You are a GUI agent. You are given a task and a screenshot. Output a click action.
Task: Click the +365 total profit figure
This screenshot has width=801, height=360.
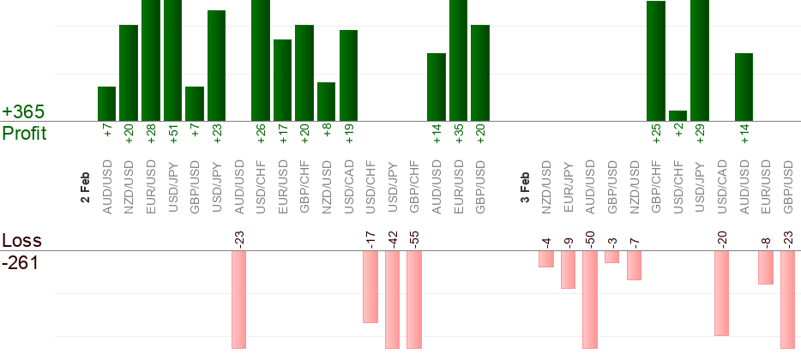23,112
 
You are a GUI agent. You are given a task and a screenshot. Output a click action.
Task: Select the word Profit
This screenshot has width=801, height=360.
24,134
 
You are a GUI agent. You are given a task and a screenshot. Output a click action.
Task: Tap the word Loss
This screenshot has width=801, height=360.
21,241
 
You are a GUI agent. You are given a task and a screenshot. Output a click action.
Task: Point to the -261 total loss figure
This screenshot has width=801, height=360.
20,262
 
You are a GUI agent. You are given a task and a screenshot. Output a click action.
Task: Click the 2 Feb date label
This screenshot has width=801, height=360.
85,188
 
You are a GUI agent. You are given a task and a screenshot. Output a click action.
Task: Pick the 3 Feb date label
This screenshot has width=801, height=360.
525,188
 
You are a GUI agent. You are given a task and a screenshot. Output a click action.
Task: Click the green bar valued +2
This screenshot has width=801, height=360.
678,116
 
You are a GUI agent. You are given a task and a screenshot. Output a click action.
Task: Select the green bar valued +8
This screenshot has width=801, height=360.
327,101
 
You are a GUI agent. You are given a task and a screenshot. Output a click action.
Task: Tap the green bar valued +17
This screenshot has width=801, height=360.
282,80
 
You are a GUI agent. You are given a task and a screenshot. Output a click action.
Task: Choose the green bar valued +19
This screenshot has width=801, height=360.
349,75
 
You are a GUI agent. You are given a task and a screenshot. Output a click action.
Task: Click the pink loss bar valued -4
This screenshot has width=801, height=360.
546,259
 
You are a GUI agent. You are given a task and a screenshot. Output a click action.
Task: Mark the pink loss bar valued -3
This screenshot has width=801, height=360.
611,257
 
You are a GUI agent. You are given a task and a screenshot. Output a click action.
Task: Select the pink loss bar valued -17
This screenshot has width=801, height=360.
370,287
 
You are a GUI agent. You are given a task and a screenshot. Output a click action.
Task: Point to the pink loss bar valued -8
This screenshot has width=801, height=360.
766,267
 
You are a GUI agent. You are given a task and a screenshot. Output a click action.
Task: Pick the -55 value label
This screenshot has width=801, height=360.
414,239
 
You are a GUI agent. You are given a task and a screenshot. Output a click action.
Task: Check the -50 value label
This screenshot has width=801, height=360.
590,239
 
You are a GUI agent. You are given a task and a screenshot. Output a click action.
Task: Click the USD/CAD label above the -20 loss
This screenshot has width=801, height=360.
722,186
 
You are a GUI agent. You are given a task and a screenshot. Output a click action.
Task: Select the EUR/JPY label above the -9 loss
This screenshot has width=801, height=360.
568,186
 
